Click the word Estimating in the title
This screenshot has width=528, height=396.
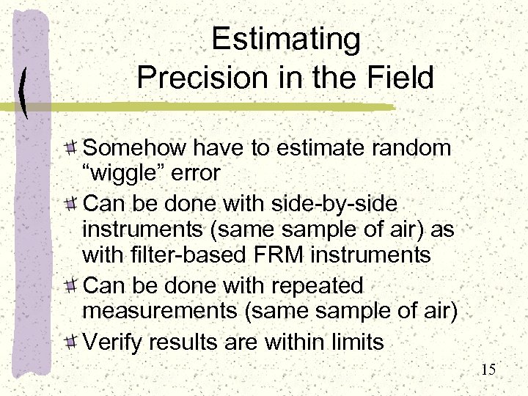pyautogui.click(x=285, y=41)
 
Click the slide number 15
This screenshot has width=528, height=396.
pyautogui.click(x=488, y=370)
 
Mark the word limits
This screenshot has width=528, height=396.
pyautogui.click(x=353, y=341)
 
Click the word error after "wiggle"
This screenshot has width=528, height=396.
pyautogui.click(x=197, y=173)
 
